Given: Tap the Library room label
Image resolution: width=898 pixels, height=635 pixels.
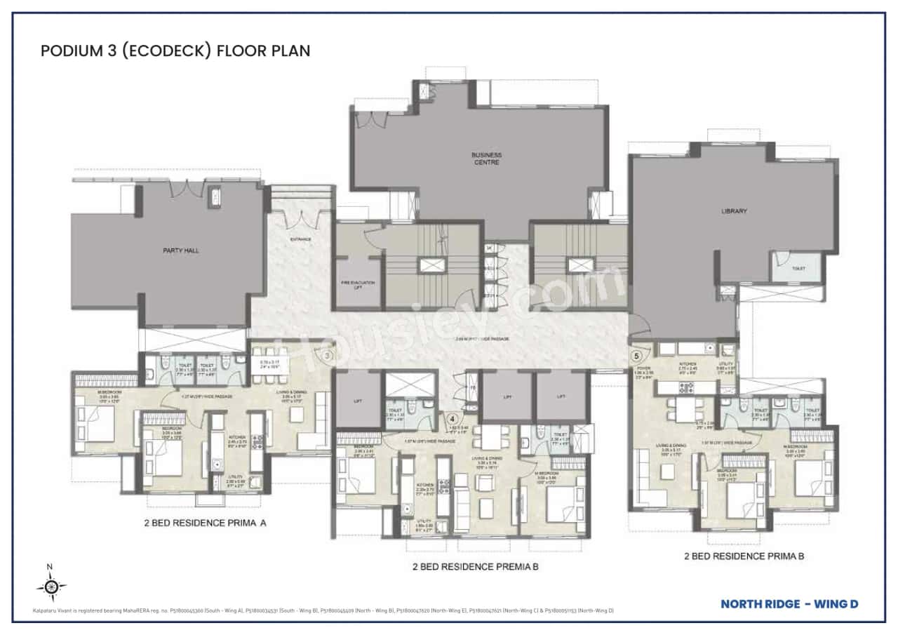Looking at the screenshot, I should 734,210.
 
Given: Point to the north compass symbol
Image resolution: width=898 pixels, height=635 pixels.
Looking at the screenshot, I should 51,584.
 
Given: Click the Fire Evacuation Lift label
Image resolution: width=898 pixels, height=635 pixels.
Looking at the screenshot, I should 358,284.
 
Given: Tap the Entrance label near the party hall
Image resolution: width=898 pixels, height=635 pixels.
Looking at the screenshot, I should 300,239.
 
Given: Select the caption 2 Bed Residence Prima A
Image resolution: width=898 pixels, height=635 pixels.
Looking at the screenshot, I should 206,523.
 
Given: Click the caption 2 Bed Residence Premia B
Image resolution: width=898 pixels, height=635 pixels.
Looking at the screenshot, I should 475,566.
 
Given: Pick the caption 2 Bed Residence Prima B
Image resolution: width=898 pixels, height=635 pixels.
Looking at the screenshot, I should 744,556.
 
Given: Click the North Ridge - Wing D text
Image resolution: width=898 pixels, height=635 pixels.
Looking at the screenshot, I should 789,603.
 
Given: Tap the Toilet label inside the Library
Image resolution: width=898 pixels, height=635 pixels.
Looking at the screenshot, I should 798,269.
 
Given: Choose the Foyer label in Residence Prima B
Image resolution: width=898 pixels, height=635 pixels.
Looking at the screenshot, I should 643,368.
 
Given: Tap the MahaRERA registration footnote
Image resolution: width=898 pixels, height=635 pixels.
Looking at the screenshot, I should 323,611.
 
